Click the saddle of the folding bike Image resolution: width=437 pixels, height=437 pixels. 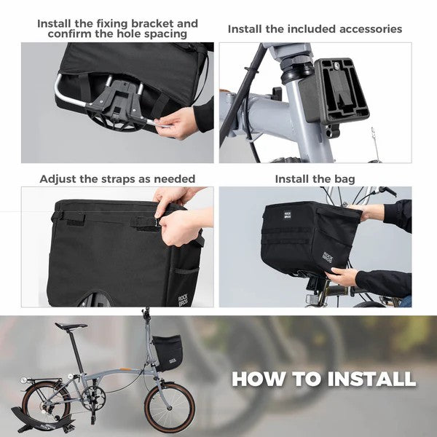(x=71, y=326)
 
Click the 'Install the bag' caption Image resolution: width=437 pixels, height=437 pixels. (x=315, y=178)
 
